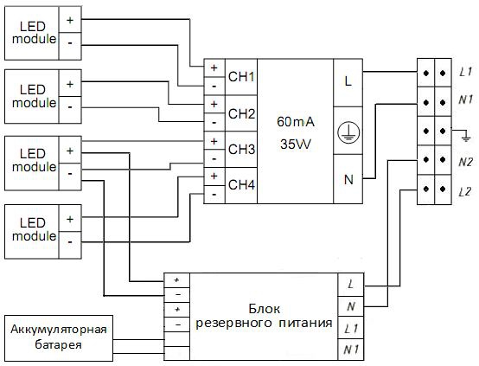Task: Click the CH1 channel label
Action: [x=241, y=77]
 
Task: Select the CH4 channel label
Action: [x=241, y=184]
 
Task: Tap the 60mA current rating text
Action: [x=296, y=122]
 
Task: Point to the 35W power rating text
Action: [x=296, y=144]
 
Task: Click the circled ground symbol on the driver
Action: [x=348, y=132]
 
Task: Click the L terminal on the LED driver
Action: [x=348, y=81]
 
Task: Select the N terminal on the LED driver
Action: [x=348, y=180]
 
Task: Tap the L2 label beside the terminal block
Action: [x=465, y=192]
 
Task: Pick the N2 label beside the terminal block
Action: [x=465, y=162]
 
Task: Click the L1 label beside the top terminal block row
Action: [x=465, y=72]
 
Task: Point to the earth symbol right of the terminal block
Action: [x=465, y=137]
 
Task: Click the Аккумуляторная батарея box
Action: [x=59, y=337]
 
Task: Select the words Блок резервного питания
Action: [x=264, y=316]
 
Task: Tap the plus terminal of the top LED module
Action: [x=70, y=20]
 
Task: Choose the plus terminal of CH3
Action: [x=214, y=141]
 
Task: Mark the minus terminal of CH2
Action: [x=214, y=122]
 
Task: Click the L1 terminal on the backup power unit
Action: [x=351, y=329]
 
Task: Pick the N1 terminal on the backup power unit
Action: [x=351, y=350]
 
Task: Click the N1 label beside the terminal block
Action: [x=465, y=99]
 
